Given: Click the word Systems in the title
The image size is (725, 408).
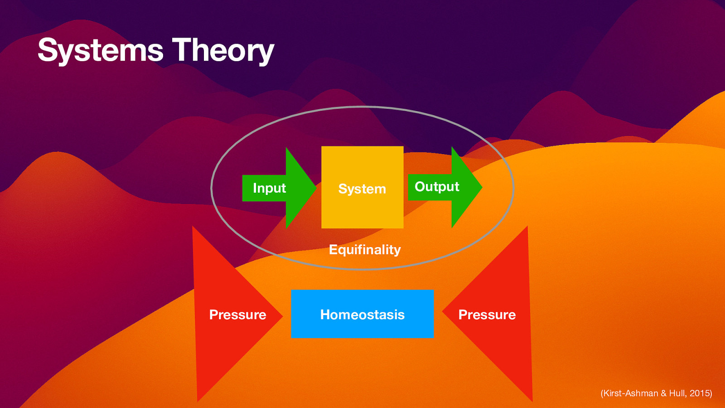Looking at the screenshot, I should pos(100,50).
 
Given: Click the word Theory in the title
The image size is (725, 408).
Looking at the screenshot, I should pos(223,50).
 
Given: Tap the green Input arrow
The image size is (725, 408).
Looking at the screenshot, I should pos(295,188).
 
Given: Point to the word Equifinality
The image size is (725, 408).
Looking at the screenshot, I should pos(365,249).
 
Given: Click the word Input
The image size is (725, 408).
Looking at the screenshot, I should pos(269,188).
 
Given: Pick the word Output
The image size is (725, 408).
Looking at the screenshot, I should pos(437,187).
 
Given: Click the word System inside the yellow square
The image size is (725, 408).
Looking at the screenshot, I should pos(362,189).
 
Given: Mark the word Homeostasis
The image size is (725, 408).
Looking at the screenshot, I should pos(362,315).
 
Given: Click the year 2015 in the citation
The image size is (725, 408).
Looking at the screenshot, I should pos(700,393).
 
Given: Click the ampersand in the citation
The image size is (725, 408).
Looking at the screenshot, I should pos(663,393).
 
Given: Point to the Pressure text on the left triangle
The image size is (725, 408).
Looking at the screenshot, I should pos(237,315).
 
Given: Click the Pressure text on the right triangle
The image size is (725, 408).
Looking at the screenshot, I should pos(487,315).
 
